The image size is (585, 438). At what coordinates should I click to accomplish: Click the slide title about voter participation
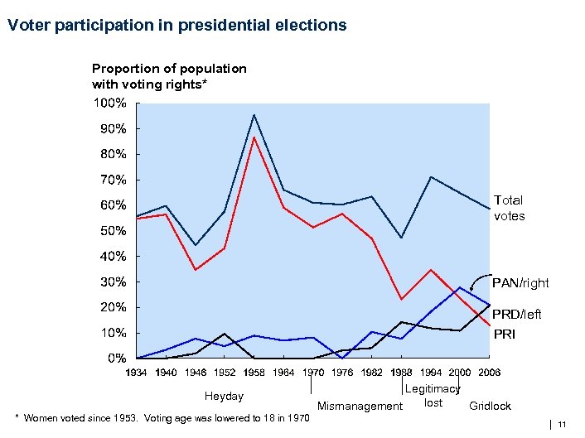tap(176, 25)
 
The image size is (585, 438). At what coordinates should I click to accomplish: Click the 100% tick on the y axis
tap(109, 103)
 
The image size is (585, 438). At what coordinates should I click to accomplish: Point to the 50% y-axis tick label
tap(109, 231)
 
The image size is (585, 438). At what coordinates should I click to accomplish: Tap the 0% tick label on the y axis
tap(114, 359)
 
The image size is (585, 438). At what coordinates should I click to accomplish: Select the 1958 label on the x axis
tap(254, 373)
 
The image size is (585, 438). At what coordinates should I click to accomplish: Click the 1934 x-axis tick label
tap(137, 373)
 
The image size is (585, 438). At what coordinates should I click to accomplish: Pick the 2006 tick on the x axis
tap(489, 373)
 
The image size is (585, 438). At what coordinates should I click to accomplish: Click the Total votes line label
tap(509, 208)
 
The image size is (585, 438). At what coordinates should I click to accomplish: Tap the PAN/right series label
tap(520, 283)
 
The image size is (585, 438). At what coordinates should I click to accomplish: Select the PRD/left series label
tap(517, 315)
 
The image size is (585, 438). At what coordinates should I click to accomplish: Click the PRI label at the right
tap(505, 335)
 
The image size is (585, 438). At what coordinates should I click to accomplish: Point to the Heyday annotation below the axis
tap(224, 397)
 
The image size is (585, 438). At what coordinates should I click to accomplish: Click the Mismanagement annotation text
tap(360, 407)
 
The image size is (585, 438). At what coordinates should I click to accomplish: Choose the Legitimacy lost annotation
tap(433, 396)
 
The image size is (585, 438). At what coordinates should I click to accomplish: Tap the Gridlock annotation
tap(490, 407)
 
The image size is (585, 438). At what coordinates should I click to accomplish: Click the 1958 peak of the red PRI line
tap(254, 137)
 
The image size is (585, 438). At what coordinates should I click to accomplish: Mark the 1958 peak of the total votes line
tap(254, 115)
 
